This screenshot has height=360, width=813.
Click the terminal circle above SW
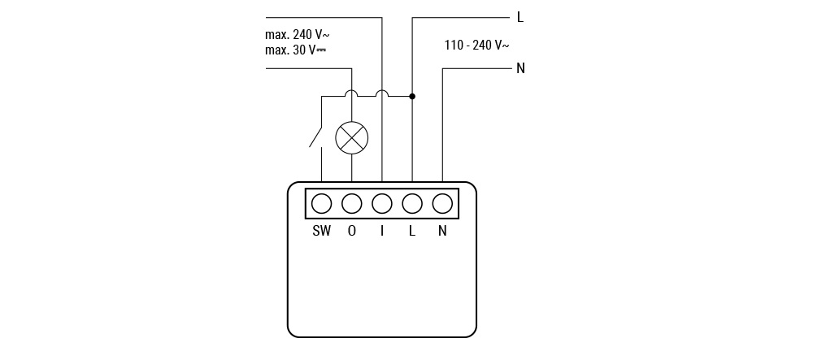coord(321,204)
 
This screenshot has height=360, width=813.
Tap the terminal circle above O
coord(351,204)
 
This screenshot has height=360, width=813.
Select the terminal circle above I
coord(382,204)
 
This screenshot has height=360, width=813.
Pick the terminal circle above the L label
coord(412,204)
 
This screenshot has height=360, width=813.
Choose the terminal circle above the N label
coord(442,204)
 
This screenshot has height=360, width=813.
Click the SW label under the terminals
coord(321,231)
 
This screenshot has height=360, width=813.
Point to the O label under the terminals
coord(351,231)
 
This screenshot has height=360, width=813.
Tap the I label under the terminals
coord(382,231)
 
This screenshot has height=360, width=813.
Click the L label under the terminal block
coord(412,231)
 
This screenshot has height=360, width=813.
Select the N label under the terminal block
coord(442,231)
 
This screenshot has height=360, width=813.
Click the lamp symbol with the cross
coord(351,137)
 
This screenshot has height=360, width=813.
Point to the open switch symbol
coord(316,138)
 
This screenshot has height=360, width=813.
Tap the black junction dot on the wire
coord(412,97)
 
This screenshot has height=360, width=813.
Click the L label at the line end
coord(520,18)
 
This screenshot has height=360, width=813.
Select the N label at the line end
coord(520,68)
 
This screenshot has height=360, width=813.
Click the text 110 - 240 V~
coord(476,46)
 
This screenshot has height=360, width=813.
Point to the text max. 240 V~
coord(297,35)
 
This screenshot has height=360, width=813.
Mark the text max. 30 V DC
coord(296,50)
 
